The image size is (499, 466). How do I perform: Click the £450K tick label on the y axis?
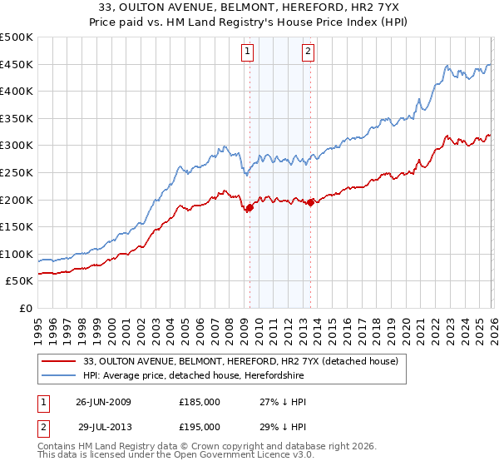point(17,64)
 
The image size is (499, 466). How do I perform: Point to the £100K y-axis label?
point(17,254)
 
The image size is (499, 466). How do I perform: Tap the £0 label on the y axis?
point(25,308)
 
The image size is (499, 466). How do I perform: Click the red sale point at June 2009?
point(249,208)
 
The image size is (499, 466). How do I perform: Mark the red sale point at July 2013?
point(310,202)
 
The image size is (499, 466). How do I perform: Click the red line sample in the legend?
point(59,361)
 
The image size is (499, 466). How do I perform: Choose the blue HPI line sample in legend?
point(59,375)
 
